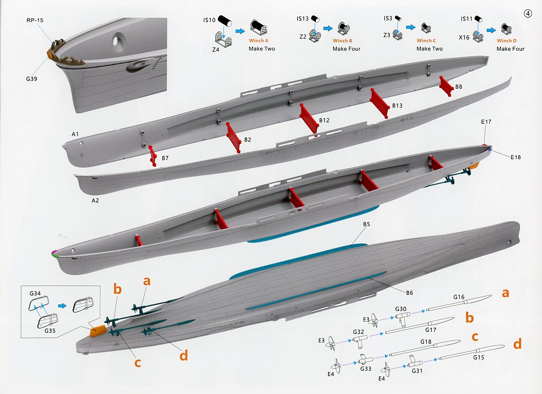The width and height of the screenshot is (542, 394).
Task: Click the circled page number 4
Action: [x=528, y=14]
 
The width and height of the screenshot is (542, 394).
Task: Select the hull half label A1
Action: [x=75, y=134]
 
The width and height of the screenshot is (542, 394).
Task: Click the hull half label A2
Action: [x=95, y=200]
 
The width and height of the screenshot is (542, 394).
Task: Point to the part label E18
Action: [x=515, y=157]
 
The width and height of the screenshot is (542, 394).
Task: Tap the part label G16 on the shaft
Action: [x=459, y=297]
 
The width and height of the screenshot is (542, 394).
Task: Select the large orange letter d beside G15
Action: [x=517, y=345]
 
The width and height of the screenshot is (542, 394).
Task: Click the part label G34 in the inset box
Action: [x=35, y=294]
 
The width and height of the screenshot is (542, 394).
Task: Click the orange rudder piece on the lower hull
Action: [x=97, y=331]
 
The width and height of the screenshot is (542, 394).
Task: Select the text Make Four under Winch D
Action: [x=510, y=49]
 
